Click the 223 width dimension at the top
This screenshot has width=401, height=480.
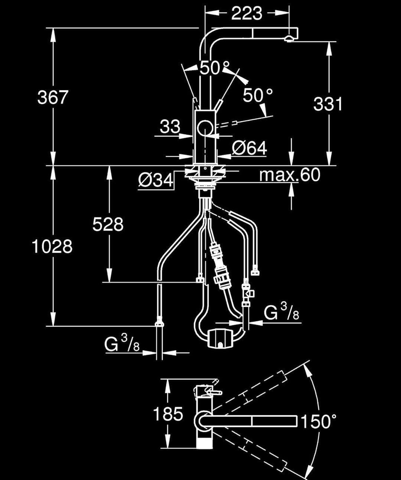[x=247, y=13]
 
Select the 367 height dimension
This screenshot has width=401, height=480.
[x=53, y=97]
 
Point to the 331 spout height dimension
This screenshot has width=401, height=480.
[x=328, y=104]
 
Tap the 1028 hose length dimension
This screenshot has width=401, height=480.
[x=52, y=246]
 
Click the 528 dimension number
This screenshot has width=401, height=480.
[x=108, y=224]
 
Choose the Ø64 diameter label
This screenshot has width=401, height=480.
[x=250, y=148]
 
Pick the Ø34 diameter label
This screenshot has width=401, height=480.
[x=156, y=180]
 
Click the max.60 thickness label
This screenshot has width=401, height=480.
[x=290, y=175]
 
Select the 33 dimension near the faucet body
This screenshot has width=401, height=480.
[x=170, y=126]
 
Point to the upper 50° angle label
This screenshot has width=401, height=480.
[x=215, y=68]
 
